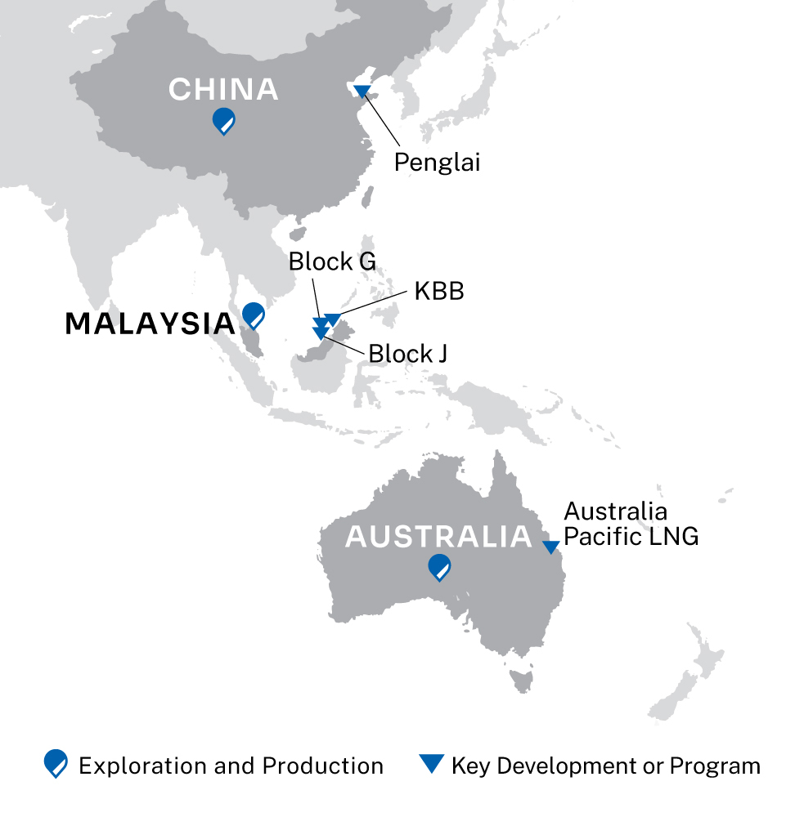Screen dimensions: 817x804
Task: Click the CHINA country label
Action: pos(223,90)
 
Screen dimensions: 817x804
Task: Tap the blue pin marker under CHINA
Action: pos(223,121)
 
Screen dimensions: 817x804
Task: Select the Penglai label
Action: pos(436,162)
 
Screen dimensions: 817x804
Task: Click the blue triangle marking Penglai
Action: pos(362,90)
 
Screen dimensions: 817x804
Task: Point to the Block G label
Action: pos(332,262)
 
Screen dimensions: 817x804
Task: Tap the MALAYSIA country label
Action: pos(150,324)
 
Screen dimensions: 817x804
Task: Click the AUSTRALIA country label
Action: pos(438,537)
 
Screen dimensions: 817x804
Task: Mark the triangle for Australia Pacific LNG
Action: pos(552,546)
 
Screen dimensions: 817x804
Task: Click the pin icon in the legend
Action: pos(56,764)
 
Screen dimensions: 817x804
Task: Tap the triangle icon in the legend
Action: pos(431,764)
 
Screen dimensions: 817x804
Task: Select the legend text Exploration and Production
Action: pos(231,766)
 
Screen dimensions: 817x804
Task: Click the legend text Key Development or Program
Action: pos(605,766)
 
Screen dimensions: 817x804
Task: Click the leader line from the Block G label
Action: pos(317,297)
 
